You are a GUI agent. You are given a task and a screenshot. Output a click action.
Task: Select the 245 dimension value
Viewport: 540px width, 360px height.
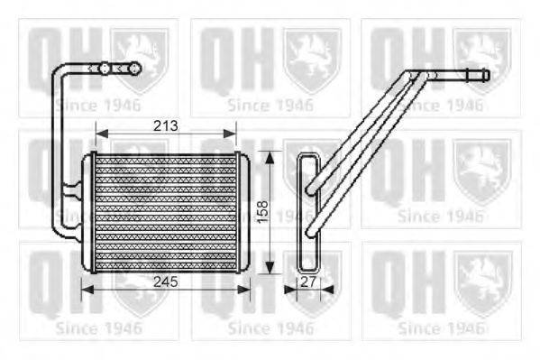coord(164,281)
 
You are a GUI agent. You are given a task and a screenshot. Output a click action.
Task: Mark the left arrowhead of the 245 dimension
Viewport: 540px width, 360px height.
coord(86,290)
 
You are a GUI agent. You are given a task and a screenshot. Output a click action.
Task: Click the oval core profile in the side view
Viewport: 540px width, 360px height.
coord(307,212)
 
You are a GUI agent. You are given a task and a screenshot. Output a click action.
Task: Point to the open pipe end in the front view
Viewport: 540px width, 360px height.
coord(138,67)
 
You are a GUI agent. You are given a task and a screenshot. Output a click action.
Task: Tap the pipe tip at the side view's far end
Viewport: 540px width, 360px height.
coord(486,75)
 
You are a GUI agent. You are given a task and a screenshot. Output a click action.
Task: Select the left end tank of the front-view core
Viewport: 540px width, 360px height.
coord(88,212)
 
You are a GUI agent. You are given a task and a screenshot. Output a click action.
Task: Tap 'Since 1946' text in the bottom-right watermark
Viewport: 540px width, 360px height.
coord(440,326)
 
